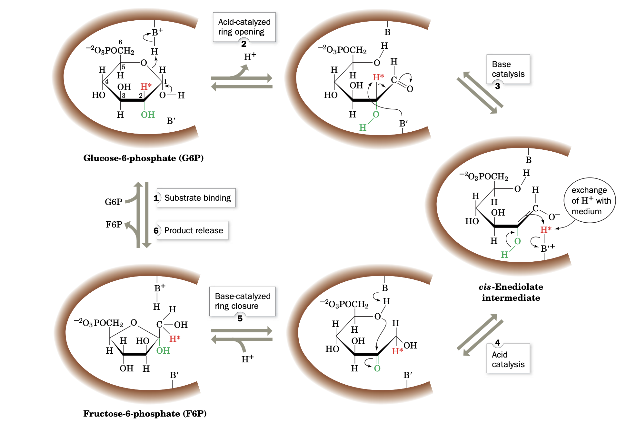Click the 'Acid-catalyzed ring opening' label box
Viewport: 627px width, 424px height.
coord(244,27)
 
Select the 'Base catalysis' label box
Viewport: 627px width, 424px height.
coord(508,69)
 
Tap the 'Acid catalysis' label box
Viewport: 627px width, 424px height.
coord(508,359)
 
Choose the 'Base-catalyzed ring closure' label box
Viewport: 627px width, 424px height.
coord(243,301)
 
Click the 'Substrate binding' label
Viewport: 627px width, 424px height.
coord(197,198)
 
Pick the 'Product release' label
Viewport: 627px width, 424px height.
coord(194,230)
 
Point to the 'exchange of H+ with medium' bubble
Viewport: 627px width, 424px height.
coord(589,200)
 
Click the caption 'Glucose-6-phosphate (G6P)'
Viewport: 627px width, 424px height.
coord(144,158)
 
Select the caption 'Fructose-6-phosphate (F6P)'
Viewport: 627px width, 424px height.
coord(145,414)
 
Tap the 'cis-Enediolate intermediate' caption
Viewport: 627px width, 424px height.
coord(511,292)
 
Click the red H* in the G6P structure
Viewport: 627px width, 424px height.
coord(146,86)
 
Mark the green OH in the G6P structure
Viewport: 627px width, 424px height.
coord(148,115)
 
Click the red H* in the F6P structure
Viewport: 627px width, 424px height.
coord(175,339)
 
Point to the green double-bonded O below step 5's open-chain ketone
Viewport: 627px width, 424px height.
coord(377,368)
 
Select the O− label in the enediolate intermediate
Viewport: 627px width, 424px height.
coord(554,217)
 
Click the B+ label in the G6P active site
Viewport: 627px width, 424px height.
coord(157,32)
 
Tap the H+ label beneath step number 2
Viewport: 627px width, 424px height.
coord(250,57)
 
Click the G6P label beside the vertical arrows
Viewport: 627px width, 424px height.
coord(114,202)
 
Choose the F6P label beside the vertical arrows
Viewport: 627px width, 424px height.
coord(114,225)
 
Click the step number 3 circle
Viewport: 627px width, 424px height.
coord(498,86)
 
